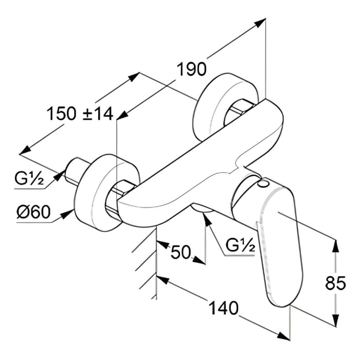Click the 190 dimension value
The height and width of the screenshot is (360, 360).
click(192, 69)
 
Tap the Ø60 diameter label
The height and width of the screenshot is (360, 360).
click(33, 211)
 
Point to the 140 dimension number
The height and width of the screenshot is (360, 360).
click(224, 308)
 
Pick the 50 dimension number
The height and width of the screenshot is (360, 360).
click(181, 253)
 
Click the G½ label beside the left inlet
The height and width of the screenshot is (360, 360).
click(29, 179)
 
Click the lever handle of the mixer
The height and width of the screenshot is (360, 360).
click(278, 242)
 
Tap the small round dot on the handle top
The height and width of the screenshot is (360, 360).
click(264, 183)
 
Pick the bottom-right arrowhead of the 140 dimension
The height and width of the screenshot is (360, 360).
click(284, 336)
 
